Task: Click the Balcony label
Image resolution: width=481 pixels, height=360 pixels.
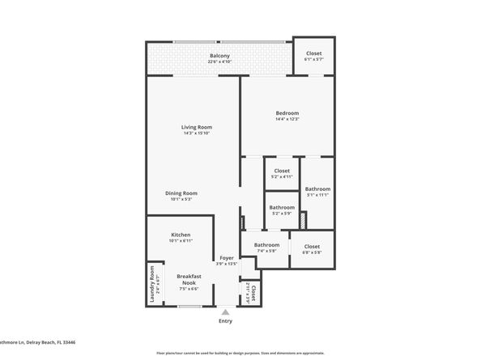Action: (x=219, y=56)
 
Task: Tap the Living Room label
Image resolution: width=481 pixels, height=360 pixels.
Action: (x=196, y=127)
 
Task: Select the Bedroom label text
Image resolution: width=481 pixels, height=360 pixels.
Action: (x=287, y=112)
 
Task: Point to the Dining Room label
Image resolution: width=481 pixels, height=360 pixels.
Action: (x=181, y=193)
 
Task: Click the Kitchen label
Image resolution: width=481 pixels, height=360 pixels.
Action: (x=180, y=235)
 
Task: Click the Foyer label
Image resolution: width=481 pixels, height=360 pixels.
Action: (x=227, y=258)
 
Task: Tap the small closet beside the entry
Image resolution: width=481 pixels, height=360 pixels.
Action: (x=252, y=294)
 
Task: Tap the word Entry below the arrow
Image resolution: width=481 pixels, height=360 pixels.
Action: (x=225, y=321)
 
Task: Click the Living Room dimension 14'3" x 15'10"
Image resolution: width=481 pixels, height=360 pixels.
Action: (x=196, y=133)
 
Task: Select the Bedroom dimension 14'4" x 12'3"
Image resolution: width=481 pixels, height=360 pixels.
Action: (x=287, y=120)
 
